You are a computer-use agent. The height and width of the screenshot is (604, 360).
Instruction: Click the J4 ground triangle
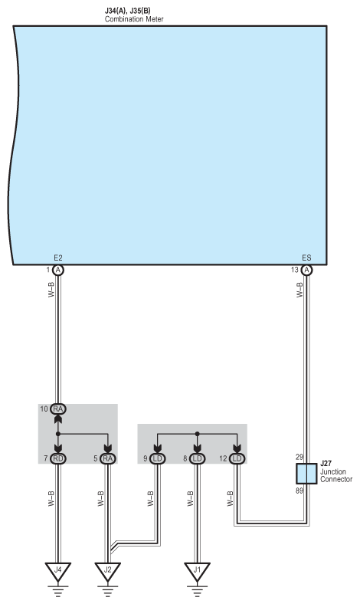(57, 571)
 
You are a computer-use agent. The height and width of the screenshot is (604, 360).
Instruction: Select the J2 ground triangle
(108, 571)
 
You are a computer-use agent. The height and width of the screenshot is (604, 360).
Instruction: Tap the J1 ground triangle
(197, 571)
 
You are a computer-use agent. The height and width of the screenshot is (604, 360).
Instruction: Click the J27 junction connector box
(306, 474)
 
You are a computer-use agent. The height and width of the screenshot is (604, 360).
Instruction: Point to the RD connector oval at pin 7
(58, 458)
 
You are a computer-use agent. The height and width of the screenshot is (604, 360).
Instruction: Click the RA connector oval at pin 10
(58, 409)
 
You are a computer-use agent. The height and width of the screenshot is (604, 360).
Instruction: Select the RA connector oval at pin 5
(108, 458)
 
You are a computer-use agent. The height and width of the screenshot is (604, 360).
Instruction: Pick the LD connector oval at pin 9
(158, 458)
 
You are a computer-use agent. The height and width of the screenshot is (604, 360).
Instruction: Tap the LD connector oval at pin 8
(197, 458)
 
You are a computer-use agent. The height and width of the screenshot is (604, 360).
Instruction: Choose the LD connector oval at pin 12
(237, 458)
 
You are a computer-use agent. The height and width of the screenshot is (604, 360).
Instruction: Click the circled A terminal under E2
(58, 270)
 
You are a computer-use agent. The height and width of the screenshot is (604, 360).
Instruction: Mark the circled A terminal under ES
(306, 270)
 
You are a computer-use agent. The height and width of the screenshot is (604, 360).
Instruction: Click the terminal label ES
(306, 258)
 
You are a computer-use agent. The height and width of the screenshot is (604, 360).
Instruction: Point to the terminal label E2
(58, 258)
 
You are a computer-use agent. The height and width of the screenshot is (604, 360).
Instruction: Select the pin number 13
(295, 270)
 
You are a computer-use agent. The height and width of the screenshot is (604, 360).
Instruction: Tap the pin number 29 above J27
(299, 458)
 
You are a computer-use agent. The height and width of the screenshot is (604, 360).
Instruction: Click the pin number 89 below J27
(299, 491)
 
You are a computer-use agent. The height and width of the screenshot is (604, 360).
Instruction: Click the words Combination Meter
(134, 19)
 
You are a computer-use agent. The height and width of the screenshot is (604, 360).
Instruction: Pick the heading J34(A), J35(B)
(127, 11)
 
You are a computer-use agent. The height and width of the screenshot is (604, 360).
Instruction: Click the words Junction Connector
(336, 475)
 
